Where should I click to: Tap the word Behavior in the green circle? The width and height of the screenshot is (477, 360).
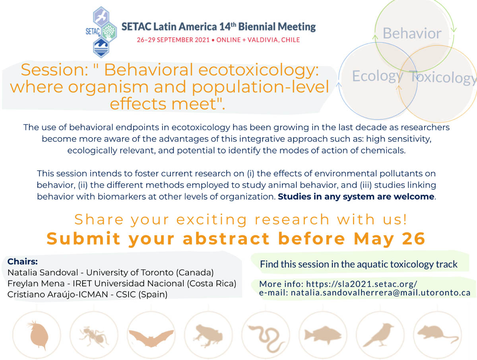(412, 33)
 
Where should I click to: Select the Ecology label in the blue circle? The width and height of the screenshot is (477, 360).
(378, 76)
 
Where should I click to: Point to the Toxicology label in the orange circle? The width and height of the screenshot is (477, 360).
(443, 77)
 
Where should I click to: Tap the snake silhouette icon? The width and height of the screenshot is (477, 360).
(266, 338)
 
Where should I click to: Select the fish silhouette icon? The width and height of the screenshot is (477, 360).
(323, 335)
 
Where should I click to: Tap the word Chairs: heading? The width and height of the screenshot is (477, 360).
(23, 261)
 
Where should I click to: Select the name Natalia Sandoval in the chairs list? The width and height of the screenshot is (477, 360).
(43, 272)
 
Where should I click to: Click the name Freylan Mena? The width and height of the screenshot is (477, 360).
(36, 284)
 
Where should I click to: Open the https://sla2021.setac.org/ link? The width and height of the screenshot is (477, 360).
(362, 284)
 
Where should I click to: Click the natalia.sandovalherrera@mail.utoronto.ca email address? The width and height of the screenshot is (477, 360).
(381, 293)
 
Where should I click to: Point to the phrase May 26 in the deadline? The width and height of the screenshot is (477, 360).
(389, 239)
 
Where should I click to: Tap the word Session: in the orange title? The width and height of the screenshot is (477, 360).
(54, 70)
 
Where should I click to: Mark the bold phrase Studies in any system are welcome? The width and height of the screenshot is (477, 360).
(356, 197)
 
